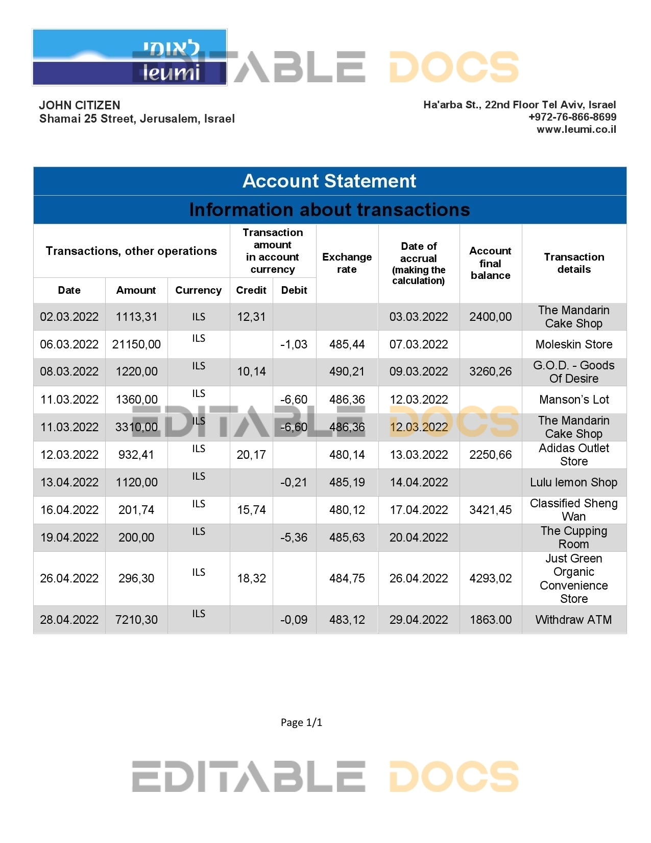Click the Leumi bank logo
(129, 57)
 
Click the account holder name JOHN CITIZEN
(80, 105)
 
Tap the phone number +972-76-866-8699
(572, 117)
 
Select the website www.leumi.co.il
(576, 129)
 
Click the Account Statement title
(329, 181)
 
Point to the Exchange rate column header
(347, 263)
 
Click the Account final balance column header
(490, 263)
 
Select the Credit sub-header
(251, 290)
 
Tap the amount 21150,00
(136, 344)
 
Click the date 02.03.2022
(69, 317)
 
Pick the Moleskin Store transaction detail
(574, 344)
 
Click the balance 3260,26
(490, 371)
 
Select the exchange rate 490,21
(347, 371)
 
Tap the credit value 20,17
(251, 455)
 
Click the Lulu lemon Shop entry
(574, 482)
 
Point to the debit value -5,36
(294, 537)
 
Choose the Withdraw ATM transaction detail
(574, 620)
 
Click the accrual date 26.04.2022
(419, 578)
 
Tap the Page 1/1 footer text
(301, 722)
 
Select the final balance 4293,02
(490, 578)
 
